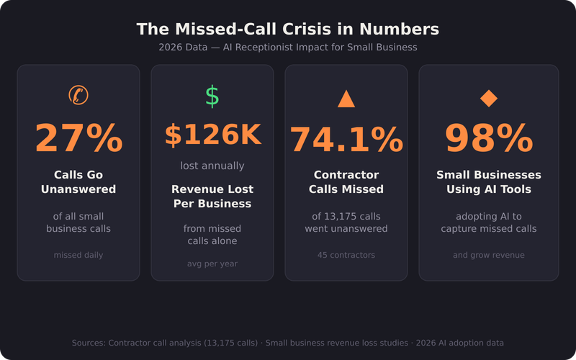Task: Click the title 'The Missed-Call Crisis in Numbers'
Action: point(288,30)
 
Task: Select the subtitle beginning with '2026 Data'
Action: point(288,48)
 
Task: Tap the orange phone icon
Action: point(78,95)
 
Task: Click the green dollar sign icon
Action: point(212,96)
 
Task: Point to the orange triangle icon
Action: point(346,99)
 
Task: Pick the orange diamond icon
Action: point(488,99)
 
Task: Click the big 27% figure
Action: point(78,138)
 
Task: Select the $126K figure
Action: point(212,135)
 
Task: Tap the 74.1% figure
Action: point(346,140)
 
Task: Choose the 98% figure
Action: point(488,138)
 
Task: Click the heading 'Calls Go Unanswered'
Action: point(78,182)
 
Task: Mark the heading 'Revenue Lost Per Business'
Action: point(212,197)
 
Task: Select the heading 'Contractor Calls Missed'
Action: point(346,182)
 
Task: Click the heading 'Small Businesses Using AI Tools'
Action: point(488,182)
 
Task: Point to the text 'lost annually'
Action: point(212,166)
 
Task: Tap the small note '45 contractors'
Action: point(346,255)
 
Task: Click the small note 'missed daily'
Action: point(78,255)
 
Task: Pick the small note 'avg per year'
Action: point(212,264)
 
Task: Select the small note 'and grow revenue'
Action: point(488,255)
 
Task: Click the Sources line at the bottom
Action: point(288,343)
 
